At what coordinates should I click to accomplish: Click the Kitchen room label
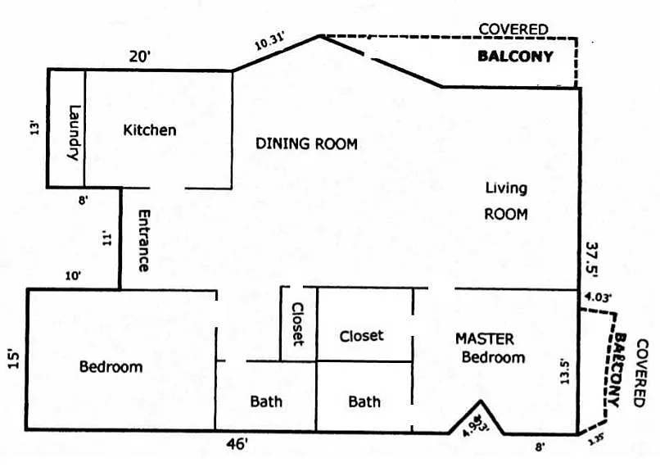(x=150, y=129)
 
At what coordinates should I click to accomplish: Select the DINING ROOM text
(x=306, y=144)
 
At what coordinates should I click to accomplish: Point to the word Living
(x=505, y=188)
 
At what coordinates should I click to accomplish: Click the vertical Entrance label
(x=143, y=241)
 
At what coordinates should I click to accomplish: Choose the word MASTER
(x=485, y=338)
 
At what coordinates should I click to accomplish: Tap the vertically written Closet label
(x=297, y=324)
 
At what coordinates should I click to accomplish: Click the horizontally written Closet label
(x=361, y=336)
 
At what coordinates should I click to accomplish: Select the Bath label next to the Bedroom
(x=266, y=401)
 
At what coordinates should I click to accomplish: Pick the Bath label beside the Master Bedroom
(x=364, y=401)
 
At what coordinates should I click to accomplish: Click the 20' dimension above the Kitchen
(x=140, y=57)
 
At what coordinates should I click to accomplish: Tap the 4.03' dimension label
(x=599, y=296)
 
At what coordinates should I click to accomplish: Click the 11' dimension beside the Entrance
(x=106, y=238)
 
